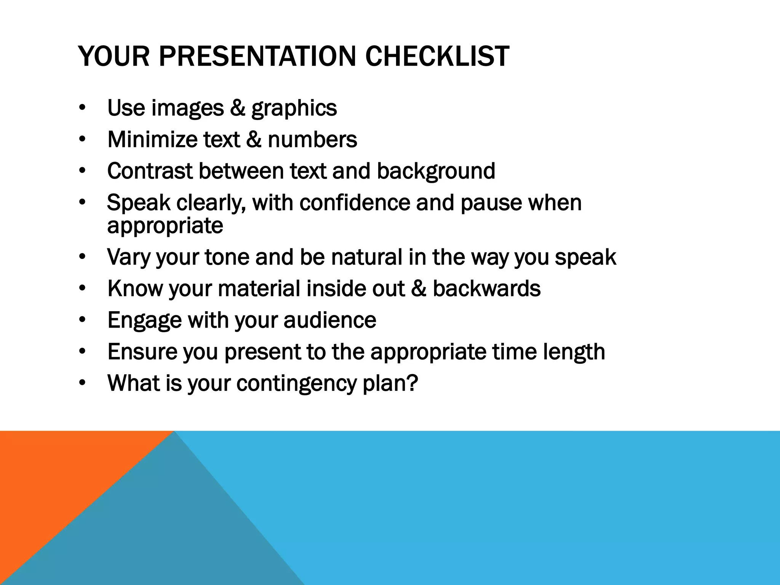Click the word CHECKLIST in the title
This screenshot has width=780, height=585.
pos(437,56)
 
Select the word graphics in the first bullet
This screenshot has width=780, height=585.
pos(294,108)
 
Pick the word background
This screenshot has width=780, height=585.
pos(436,171)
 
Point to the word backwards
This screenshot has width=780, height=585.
pos(486,288)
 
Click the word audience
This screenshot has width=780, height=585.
pos(330,320)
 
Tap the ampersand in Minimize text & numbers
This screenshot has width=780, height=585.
pos(254,139)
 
